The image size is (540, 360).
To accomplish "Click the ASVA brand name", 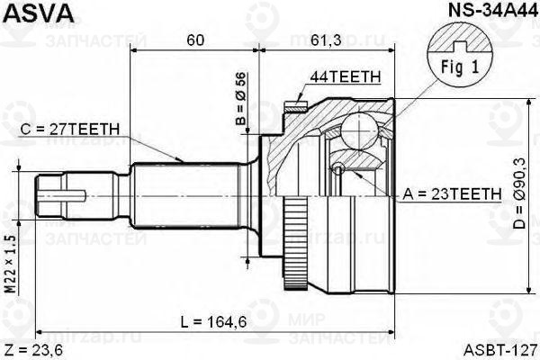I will coord(31,12).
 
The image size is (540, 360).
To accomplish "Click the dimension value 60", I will coord(193,41).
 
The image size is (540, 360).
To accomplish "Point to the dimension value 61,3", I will coord(325,41).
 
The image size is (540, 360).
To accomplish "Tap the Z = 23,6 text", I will coord(32,347).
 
